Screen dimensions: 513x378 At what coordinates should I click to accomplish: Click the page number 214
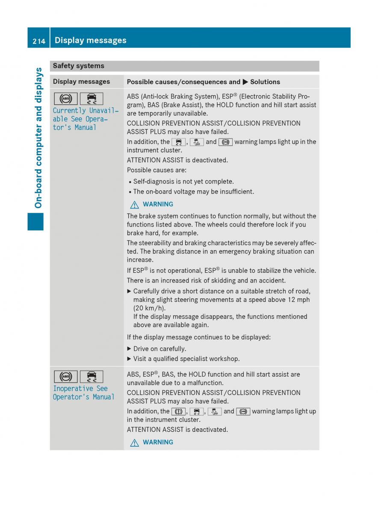click(x=38, y=41)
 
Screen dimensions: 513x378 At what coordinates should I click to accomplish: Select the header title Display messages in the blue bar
click(x=91, y=41)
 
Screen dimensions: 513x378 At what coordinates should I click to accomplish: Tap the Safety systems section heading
click(x=78, y=66)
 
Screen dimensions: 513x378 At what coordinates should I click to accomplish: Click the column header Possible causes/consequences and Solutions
click(x=203, y=82)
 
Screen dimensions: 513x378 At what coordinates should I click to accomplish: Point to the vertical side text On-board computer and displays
click(x=38, y=138)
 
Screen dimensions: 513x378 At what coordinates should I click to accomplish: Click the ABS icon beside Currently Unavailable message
click(x=66, y=99)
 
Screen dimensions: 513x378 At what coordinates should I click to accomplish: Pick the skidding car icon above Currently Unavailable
click(x=91, y=99)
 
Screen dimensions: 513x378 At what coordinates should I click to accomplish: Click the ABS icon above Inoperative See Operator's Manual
click(x=66, y=377)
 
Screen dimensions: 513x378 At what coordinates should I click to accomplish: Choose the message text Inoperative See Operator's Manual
click(x=83, y=392)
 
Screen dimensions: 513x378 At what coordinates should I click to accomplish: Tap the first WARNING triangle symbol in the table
click(x=134, y=204)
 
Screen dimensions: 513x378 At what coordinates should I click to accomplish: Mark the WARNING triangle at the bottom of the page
click(x=134, y=442)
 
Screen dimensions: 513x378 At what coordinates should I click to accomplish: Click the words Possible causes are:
click(x=153, y=170)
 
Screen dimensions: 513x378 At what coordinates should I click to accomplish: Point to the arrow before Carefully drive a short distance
click(x=130, y=291)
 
